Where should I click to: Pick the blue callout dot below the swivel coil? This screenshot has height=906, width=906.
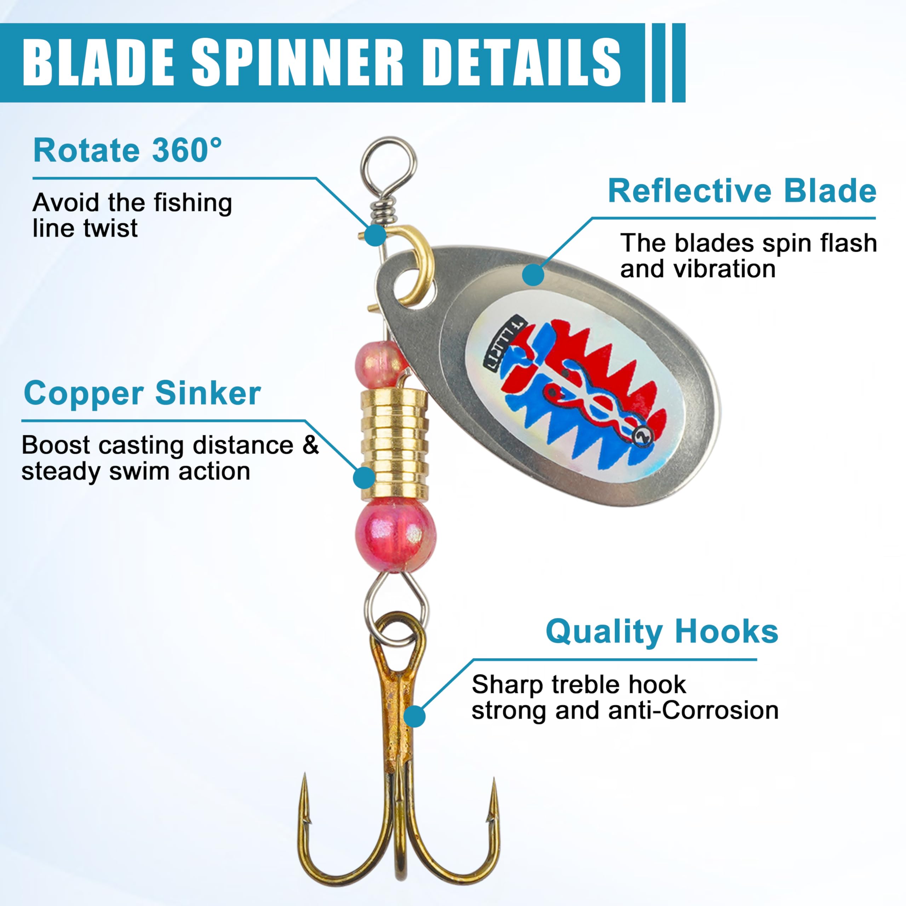click(x=375, y=235)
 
